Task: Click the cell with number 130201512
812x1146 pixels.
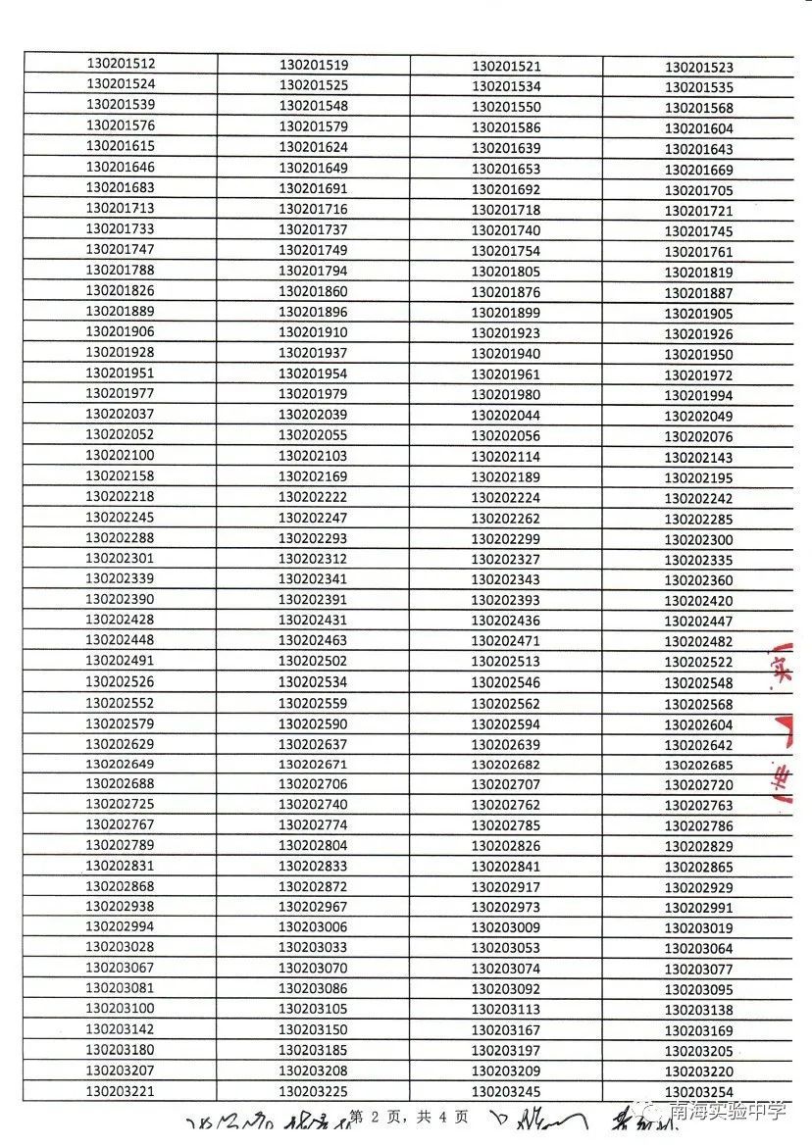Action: pyautogui.click(x=121, y=64)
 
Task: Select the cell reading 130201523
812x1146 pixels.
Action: pyautogui.click(x=699, y=68)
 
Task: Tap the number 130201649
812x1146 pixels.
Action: pyautogui.click(x=314, y=168)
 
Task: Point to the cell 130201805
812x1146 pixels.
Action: pyautogui.click(x=506, y=272)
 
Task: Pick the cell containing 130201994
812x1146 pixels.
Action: pyautogui.click(x=699, y=396)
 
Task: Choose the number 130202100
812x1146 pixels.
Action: pyautogui.click(x=121, y=455)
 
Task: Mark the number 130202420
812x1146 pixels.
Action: pyautogui.click(x=699, y=601)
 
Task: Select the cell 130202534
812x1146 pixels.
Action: pyautogui.click(x=314, y=682)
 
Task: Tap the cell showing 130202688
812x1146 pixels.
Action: pyautogui.click(x=121, y=783)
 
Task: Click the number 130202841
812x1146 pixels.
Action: pyautogui.click(x=506, y=867)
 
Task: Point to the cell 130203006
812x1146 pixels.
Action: pyautogui.click(x=314, y=927)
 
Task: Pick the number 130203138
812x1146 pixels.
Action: pyautogui.click(x=699, y=1010)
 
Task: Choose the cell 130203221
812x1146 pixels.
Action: pyautogui.click(x=121, y=1091)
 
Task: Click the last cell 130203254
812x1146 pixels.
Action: pyautogui.click(x=699, y=1093)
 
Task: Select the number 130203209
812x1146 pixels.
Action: pyautogui.click(x=506, y=1071)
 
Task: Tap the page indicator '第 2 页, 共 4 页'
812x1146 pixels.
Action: pyautogui.click(x=409, y=1117)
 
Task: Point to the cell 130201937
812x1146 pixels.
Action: pyautogui.click(x=314, y=353)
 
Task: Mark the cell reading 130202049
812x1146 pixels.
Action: pyautogui.click(x=699, y=417)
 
